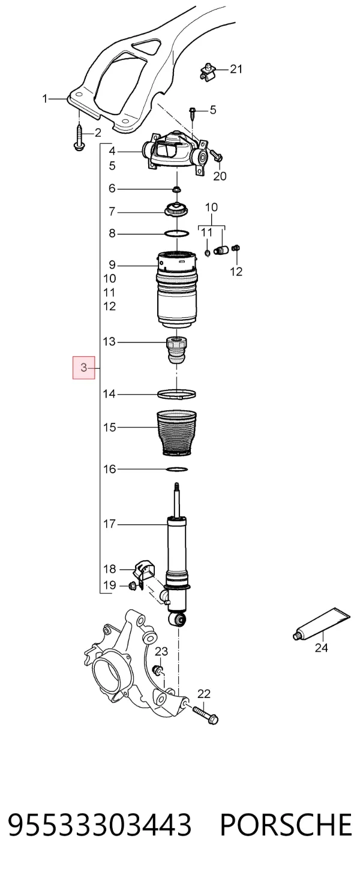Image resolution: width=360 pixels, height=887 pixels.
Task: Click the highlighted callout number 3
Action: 83,368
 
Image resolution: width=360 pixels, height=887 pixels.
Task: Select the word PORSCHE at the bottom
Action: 286,825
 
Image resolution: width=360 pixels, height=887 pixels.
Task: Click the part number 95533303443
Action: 100,825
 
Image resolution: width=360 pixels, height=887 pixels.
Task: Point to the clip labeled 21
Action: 208,71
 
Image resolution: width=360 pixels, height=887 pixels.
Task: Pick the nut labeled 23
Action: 158,670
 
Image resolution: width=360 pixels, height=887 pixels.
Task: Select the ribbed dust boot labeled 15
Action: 176,433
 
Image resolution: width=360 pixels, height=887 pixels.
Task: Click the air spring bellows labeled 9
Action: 176,290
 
